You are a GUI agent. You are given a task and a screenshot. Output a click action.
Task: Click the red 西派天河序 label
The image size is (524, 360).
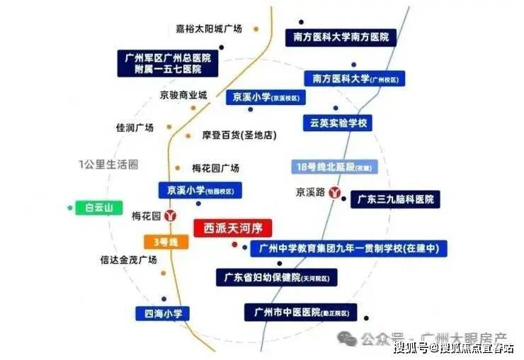click(233, 228)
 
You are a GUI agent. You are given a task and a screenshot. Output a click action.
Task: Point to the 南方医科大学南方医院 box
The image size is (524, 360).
click(341, 37)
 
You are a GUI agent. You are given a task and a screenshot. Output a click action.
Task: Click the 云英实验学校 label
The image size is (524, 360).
click(338, 123)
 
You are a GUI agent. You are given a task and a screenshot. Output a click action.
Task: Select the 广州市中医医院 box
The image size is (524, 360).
click(300, 312)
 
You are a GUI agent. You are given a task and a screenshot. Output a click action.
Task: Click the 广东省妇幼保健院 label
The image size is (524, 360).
click(277, 276)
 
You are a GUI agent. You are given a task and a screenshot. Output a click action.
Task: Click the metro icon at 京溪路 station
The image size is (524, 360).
click(338, 193)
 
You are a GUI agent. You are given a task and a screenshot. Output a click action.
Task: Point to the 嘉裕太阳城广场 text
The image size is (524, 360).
click(209, 29)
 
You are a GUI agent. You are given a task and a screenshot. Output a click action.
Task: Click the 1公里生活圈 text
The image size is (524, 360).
click(108, 164)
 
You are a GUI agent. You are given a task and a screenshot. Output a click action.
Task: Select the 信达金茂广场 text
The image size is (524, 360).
click(127, 260)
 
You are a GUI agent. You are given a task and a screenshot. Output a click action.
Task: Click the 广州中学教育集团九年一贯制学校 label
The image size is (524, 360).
click(349, 249)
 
